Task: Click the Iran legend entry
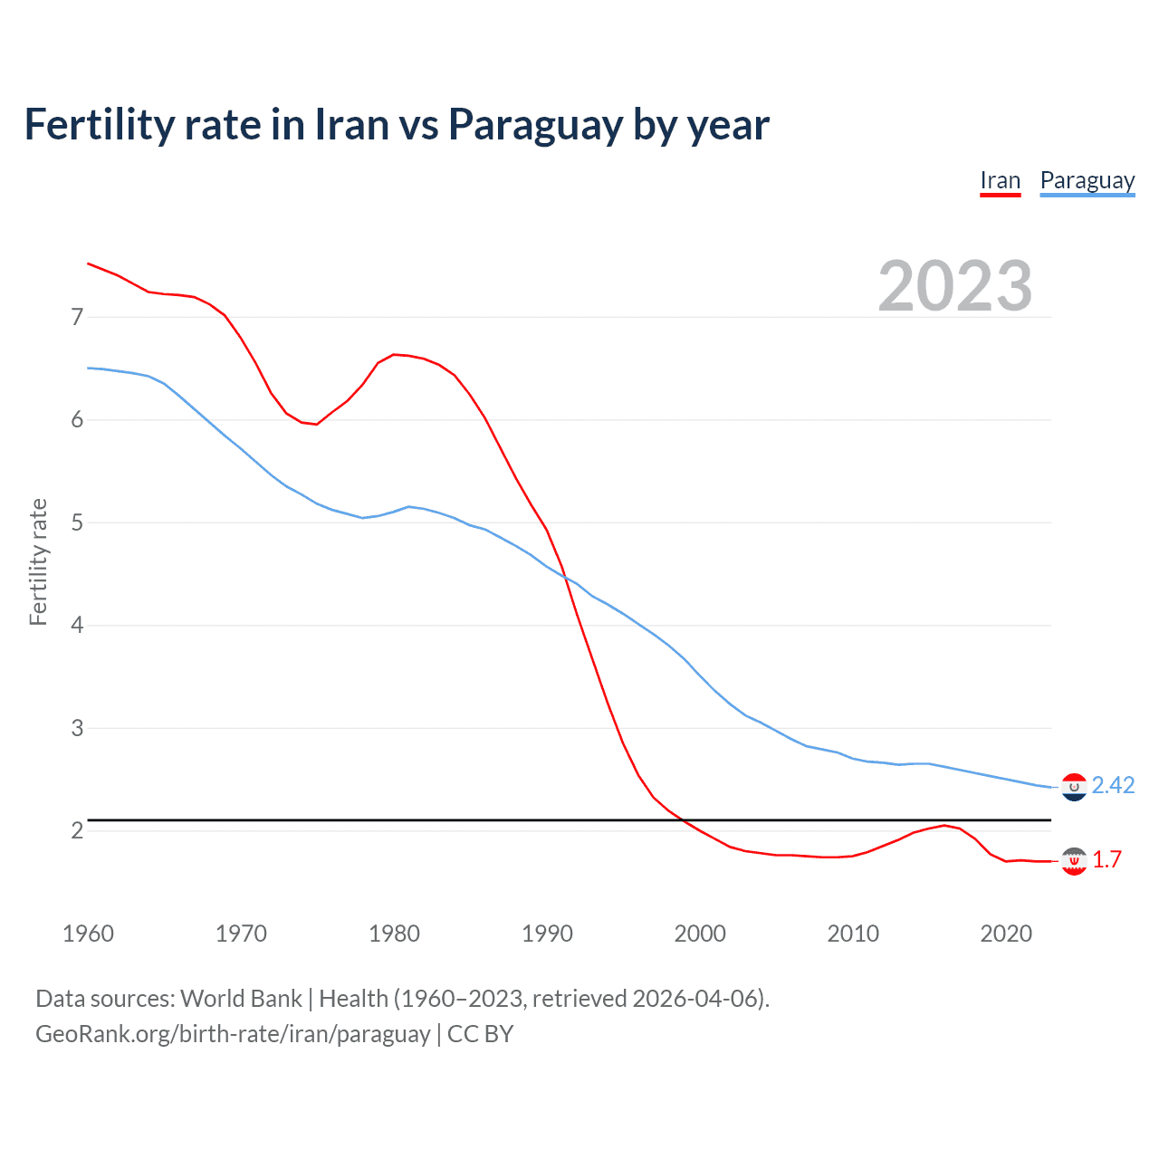click(x=1000, y=180)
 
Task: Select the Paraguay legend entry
click(x=1087, y=180)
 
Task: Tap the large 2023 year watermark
click(x=954, y=286)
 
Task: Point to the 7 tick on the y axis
click(x=77, y=317)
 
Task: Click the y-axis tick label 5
click(x=77, y=522)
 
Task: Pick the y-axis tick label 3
click(x=77, y=728)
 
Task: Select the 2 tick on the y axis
click(x=77, y=830)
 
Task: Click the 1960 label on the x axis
click(x=88, y=934)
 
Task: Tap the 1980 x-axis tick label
click(x=394, y=934)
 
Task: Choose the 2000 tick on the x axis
click(x=700, y=934)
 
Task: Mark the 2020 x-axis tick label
click(x=1006, y=934)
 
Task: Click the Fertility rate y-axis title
click(x=38, y=561)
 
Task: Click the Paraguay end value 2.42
click(x=1113, y=785)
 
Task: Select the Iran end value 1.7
click(x=1106, y=859)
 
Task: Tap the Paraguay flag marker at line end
click(x=1074, y=787)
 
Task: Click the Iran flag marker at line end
click(x=1074, y=861)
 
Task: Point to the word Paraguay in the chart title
click(x=535, y=124)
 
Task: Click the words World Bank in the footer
click(x=241, y=998)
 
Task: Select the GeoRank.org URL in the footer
click(x=233, y=1034)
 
